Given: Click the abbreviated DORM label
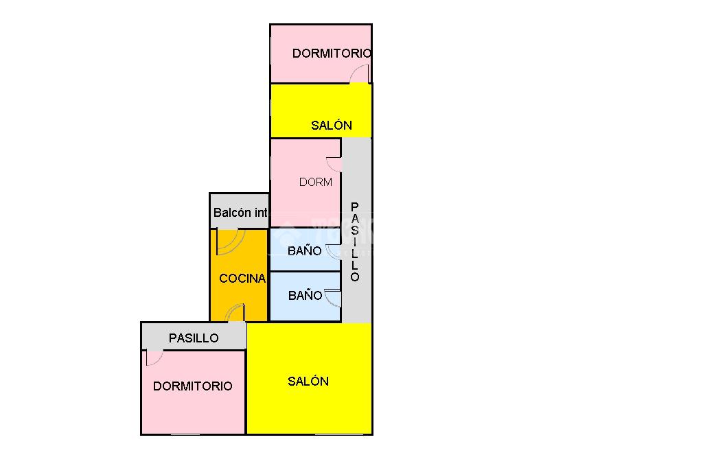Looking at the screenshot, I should click(x=316, y=182).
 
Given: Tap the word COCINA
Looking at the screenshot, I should click(x=242, y=279).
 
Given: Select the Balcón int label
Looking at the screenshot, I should click(x=240, y=213).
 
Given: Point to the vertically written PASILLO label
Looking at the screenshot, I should click(x=355, y=242).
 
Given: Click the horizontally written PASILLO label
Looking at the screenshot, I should click(x=194, y=338).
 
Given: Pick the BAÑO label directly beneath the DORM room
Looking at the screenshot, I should click(x=305, y=250).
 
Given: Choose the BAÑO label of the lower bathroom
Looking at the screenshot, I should click(x=305, y=296).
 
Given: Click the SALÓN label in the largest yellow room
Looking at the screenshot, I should click(x=308, y=381).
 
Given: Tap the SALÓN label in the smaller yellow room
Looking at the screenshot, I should click(x=332, y=125).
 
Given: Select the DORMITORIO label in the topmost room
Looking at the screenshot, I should click(x=332, y=53).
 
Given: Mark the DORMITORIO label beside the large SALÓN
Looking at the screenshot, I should click(x=192, y=386).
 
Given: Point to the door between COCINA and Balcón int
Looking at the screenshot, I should click(x=229, y=239).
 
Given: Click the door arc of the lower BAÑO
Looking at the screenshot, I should click(x=334, y=298).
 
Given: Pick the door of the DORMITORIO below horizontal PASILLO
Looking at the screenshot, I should click(x=154, y=358).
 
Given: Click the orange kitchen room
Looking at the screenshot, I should click(x=239, y=295).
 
